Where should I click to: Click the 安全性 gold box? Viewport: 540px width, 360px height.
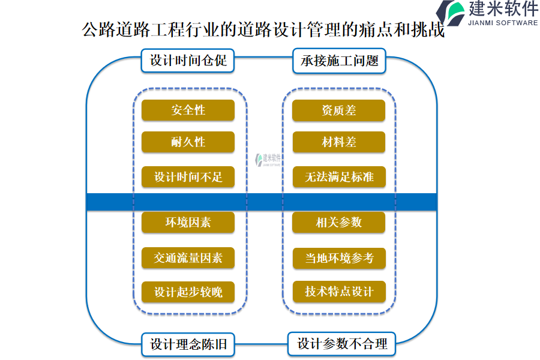pos(188,110)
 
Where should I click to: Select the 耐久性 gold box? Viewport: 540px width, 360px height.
pos(188,142)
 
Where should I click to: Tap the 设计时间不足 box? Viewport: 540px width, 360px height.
pos(188,177)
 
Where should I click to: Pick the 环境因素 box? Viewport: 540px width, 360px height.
pos(188,223)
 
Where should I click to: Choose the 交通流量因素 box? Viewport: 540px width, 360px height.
pos(188,257)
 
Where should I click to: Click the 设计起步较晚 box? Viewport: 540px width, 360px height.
pos(188,292)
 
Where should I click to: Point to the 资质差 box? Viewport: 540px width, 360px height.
pos(338,110)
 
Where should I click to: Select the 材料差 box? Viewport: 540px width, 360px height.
pos(338,142)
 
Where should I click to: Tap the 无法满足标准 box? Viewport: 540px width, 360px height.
pos(338,177)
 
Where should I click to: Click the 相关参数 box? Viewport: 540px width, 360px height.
pos(338,223)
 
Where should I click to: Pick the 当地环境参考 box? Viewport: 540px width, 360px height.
pos(338,257)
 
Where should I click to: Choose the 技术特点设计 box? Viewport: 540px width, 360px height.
pos(338,292)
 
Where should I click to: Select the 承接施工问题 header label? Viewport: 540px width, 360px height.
pos(339,61)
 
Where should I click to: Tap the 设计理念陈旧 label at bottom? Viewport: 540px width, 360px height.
pos(188,344)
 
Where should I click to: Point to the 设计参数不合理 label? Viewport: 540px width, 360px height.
pos(342,344)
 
